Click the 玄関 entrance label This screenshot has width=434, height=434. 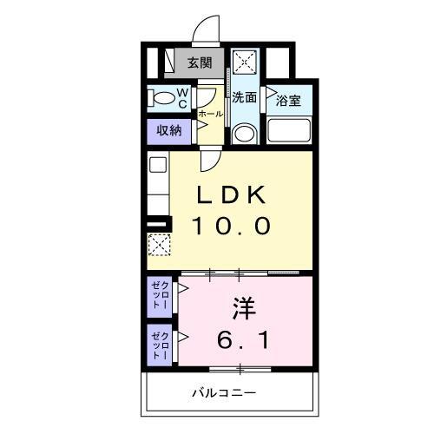tap(199, 62)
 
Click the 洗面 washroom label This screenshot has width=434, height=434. tap(244, 97)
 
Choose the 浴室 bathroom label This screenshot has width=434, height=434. tap(288, 101)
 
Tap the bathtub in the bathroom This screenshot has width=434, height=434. tap(288, 131)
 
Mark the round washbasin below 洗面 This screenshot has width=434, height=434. tap(245, 134)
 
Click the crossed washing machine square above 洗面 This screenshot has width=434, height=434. tap(245, 63)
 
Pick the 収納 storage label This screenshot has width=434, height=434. tap(168, 131)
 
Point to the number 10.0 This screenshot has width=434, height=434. tap(232, 226)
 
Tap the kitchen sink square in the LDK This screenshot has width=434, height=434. tap(157, 164)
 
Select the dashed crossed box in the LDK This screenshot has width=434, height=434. tap(158, 247)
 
